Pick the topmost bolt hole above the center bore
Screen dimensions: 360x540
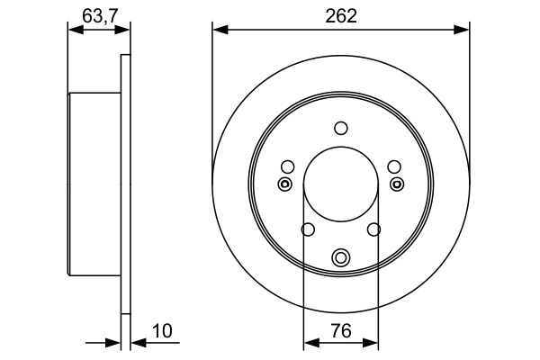pos(341,128)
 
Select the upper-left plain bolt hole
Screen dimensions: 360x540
pos(288,166)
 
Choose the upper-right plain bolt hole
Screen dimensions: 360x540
pos(393,166)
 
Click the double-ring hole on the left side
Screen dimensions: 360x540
pos(285,184)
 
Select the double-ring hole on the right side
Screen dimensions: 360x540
pos(397,184)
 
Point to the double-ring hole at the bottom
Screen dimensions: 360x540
pos(341,258)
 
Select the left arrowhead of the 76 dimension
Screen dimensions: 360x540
pos(310,342)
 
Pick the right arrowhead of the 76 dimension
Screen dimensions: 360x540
pos(373,342)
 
